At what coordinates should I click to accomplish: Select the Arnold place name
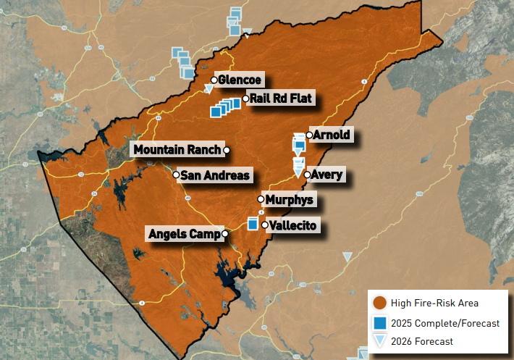tap(332, 135)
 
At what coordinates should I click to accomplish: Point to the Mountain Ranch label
tap(177, 150)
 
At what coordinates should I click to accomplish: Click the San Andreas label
tap(215, 175)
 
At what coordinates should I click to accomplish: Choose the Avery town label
tap(328, 175)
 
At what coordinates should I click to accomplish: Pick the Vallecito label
tap(293, 226)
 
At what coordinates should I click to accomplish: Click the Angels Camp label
tap(185, 234)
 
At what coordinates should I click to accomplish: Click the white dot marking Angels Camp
tap(226, 234)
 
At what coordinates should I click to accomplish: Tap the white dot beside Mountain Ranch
tap(227, 150)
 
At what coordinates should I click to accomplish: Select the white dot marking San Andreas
tap(176, 175)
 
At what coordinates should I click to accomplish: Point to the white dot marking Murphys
tap(261, 199)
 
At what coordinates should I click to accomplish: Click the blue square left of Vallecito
tap(253, 224)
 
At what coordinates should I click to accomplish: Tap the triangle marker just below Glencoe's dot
tap(209, 89)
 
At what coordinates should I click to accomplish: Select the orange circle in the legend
tap(379, 303)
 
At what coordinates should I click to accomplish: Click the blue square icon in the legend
tap(379, 322)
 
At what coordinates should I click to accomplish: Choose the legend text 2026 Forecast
tap(422, 341)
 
